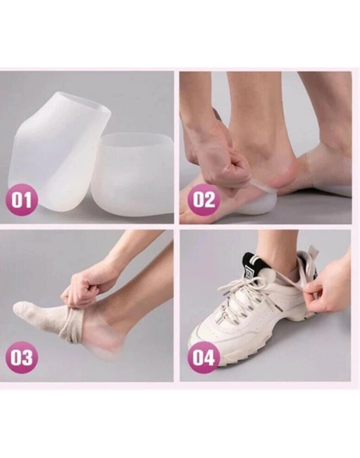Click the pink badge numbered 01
pyautogui.click(x=22, y=201)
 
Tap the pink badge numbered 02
pyautogui.click(x=204, y=200)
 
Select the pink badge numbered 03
pyautogui.click(x=22, y=357)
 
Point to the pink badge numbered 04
pyautogui.click(x=204, y=357)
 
